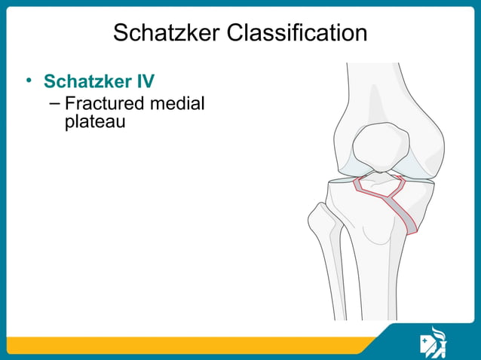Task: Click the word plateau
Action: pos(94,121)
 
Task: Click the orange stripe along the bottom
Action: pos(188,346)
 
